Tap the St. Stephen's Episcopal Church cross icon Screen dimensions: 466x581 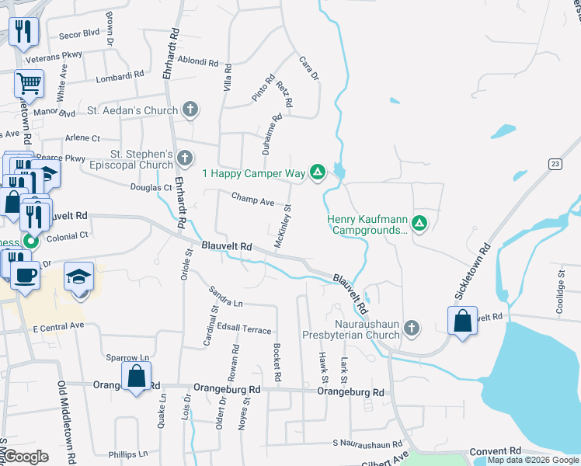pyautogui.click(x=184, y=159)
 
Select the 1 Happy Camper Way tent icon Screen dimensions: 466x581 pyautogui.click(x=317, y=172)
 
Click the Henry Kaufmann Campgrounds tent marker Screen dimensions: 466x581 pyautogui.click(x=419, y=224)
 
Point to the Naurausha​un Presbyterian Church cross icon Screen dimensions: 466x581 pyautogui.click(x=412, y=329)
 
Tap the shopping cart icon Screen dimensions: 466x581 pyautogui.click(x=29, y=82)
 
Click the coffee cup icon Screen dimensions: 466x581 pyautogui.click(x=26, y=276)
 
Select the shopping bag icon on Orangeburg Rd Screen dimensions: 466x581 pyautogui.click(x=136, y=377)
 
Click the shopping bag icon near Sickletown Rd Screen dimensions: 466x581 pyautogui.click(x=462, y=321)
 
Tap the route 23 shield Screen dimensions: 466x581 pyautogui.click(x=554, y=163)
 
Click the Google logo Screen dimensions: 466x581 pyautogui.click(x=26, y=457)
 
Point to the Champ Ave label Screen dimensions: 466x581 pyautogui.click(x=252, y=200)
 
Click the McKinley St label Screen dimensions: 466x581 pyautogui.click(x=282, y=226)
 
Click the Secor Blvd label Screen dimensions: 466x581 pyautogui.click(x=80, y=33)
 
